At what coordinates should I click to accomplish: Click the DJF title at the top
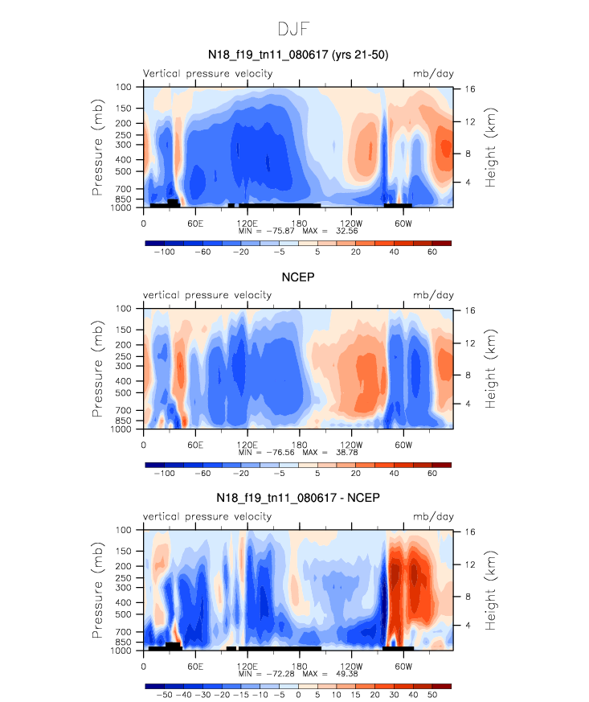[x=294, y=30]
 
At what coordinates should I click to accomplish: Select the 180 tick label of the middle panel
[x=299, y=443]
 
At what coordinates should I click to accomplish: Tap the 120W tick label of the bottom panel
[x=351, y=665]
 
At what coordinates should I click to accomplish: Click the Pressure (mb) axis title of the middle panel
[x=97, y=368]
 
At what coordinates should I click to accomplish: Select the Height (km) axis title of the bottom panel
[x=490, y=589]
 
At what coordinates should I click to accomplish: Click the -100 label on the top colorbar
[x=165, y=252]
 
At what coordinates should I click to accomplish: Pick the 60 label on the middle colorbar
[x=432, y=474]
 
